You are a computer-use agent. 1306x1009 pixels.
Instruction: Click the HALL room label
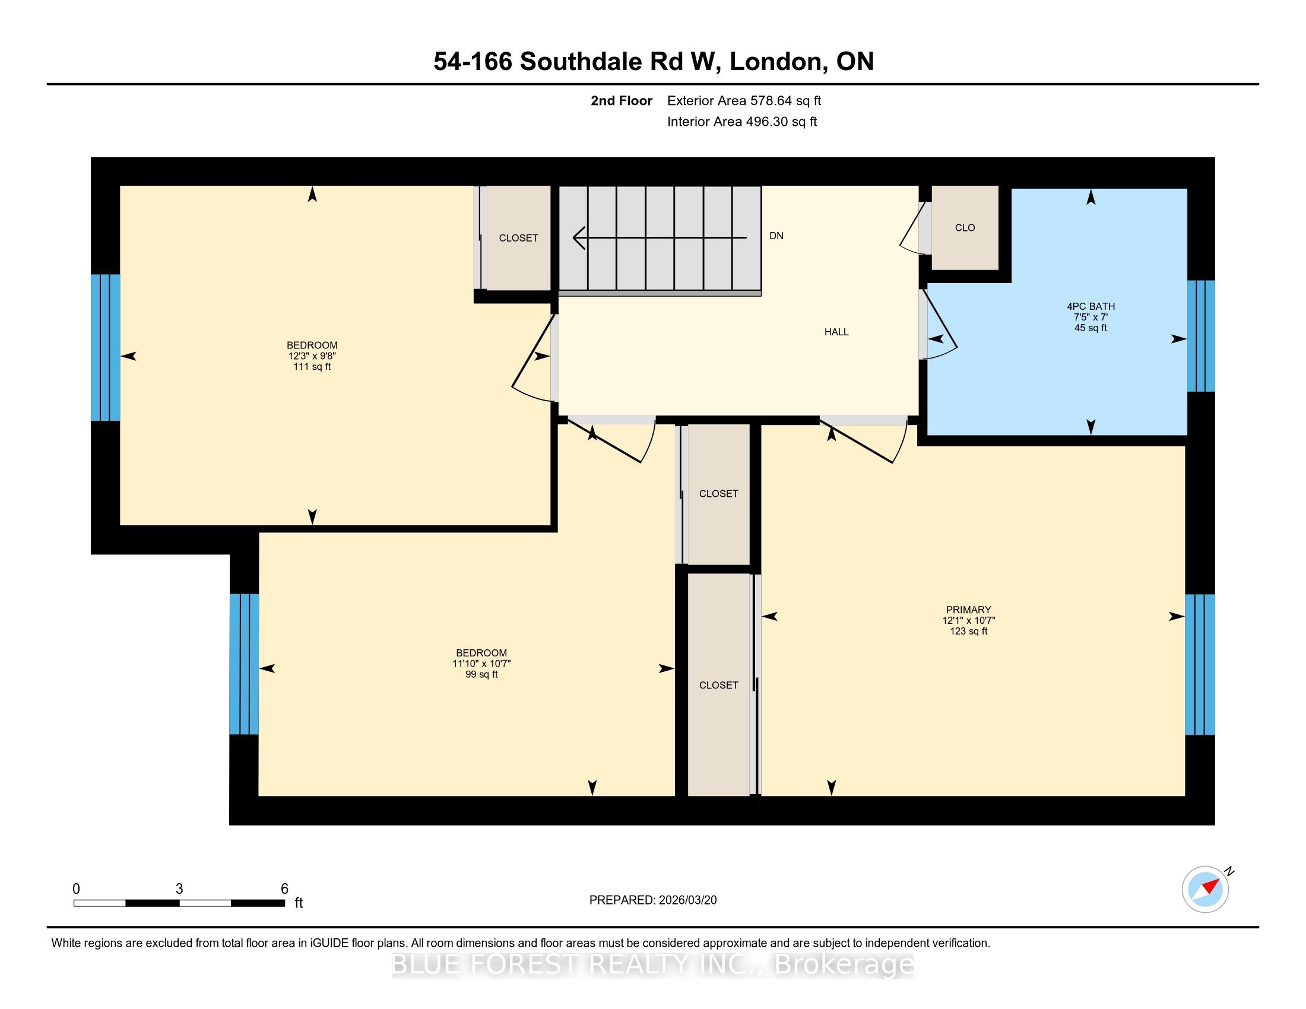point(836,332)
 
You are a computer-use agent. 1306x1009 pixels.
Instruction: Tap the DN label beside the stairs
point(776,236)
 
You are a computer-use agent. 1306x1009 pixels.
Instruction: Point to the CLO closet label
point(965,228)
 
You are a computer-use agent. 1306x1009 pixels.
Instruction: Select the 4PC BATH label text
point(1091,306)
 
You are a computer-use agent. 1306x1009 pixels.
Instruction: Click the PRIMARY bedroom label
point(968,610)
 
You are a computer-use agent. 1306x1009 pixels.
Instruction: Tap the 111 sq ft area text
point(312,366)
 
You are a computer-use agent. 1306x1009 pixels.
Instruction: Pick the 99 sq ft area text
point(481,674)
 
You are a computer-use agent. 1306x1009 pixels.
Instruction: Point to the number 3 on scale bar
point(179,889)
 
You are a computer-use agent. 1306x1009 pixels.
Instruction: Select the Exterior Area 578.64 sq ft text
point(744,100)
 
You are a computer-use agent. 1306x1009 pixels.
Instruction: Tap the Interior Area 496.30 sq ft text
point(742,121)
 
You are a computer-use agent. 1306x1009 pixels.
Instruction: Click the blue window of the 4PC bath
point(1201,336)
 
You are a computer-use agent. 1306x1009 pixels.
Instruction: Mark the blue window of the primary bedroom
point(1200,664)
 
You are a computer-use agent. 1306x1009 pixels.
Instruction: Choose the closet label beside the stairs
point(518,238)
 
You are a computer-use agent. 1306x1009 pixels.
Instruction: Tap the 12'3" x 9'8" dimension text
point(312,356)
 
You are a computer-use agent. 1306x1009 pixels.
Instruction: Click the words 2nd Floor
point(622,100)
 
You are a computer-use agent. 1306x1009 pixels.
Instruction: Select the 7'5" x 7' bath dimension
point(1091,317)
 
